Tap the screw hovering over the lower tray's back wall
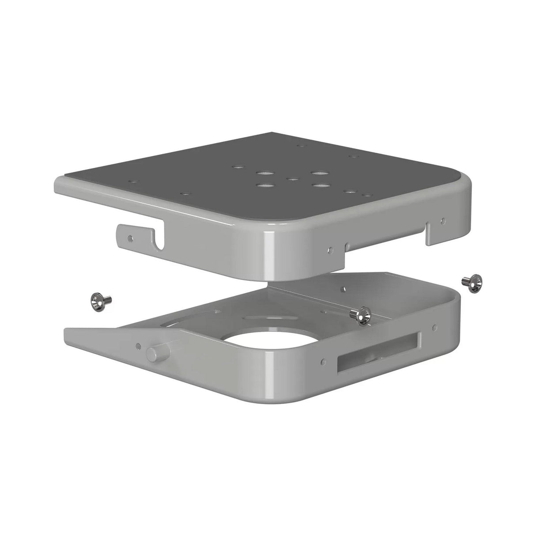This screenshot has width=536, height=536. pyautogui.click(x=359, y=316)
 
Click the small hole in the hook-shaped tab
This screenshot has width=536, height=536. pyautogui.click(x=129, y=238)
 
